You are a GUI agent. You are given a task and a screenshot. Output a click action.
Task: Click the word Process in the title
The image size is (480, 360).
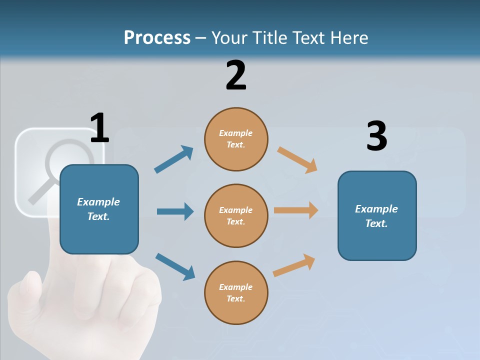157,38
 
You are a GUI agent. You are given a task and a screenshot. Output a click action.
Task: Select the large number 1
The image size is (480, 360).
99,128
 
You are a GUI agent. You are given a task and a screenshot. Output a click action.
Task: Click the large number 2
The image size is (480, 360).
236,75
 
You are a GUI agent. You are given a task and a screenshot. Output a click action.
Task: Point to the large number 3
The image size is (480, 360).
376,136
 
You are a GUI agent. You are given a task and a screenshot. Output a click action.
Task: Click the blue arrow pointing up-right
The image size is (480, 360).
173,159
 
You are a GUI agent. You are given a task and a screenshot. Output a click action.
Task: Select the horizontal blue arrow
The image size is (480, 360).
175,211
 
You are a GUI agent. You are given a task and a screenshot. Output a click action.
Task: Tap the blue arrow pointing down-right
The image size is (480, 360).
175,266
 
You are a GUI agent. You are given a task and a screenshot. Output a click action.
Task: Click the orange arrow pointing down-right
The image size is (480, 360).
297,159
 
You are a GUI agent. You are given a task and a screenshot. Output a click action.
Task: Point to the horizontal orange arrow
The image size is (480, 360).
296,210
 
